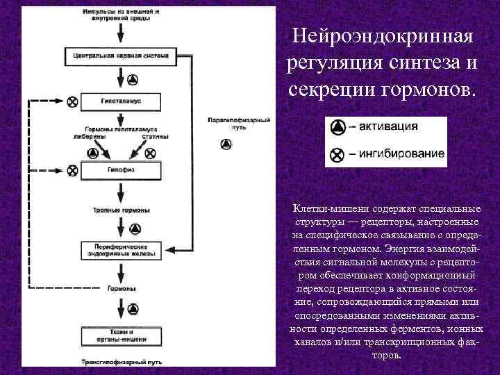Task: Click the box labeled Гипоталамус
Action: (x=124, y=101)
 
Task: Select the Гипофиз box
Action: (x=124, y=169)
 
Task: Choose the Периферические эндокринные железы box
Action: (x=124, y=251)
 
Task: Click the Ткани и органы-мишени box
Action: (x=124, y=335)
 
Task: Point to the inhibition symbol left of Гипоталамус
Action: (x=72, y=101)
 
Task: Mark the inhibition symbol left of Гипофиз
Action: (x=72, y=169)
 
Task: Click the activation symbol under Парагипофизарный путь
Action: (x=225, y=144)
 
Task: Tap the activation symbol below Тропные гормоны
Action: (x=135, y=228)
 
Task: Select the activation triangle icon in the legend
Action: (x=337, y=127)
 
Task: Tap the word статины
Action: (x=155, y=137)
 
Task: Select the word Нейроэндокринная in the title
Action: (x=383, y=35)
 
